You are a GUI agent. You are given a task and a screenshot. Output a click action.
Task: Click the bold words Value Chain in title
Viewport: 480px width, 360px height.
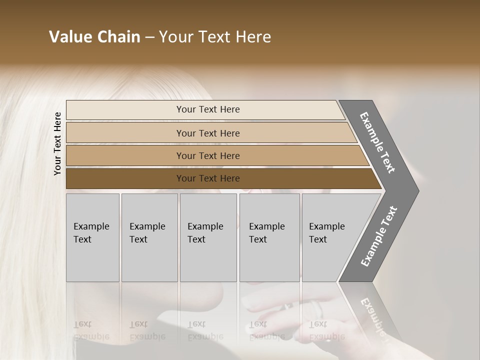(94, 37)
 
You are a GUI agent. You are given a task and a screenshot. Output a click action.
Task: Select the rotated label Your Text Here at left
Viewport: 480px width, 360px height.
(57, 143)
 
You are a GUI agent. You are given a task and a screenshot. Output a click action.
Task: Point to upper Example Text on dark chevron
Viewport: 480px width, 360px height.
(378, 142)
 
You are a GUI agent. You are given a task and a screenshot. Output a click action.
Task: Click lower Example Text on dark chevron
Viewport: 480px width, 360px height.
(379, 236)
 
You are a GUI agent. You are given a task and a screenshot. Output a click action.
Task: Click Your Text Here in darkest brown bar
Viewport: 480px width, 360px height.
(208, 178)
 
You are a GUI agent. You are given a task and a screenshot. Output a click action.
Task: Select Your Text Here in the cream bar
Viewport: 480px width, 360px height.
(208, 109)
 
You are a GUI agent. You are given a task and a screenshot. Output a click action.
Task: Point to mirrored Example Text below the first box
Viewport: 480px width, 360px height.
(91, 331)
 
